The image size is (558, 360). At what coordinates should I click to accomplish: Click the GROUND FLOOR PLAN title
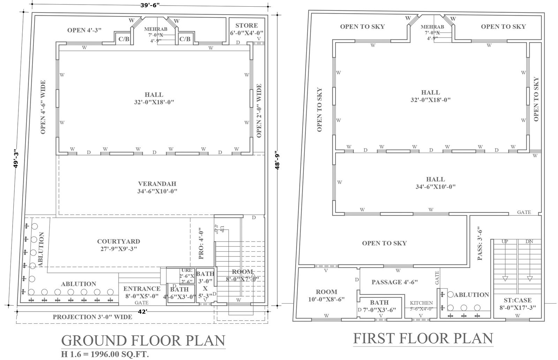click(143, 340)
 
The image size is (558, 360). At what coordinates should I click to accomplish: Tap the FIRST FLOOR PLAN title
click(423, 338)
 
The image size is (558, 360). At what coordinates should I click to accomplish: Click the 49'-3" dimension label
click(16, 159)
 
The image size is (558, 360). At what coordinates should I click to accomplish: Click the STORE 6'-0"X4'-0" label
click(246, 29)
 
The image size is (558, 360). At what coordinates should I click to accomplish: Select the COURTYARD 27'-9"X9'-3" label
click(119, 245)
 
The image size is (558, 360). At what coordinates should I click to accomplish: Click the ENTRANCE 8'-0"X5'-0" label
click(142, 292)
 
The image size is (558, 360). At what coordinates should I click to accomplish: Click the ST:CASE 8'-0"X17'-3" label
click(518, 304)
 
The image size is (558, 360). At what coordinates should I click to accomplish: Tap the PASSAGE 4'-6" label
click(394, 282)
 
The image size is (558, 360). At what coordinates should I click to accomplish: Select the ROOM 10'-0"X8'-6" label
click(326, 295)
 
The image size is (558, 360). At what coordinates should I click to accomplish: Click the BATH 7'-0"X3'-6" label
click(379, 306)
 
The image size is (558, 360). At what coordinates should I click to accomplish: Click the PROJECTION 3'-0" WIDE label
click(92, 317)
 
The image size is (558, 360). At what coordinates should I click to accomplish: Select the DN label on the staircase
click(529, 241)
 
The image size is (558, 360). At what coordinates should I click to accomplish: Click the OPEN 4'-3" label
click(84, 30)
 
